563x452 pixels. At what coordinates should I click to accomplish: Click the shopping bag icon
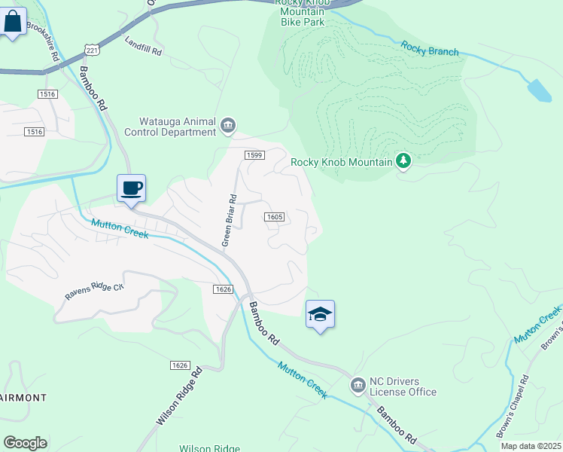click(13, 23)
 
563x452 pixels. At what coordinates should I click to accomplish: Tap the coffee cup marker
click(131, 188)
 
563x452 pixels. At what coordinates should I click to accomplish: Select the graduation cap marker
click(320, 315)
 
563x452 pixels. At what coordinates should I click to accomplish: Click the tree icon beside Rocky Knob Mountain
click(403, 160)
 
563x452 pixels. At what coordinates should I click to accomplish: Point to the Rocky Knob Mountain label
click(342, 162)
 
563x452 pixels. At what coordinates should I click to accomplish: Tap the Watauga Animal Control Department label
click(178, 127)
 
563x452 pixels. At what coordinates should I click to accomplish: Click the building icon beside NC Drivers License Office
click(358, 386)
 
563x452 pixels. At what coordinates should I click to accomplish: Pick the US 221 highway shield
click(91, 50)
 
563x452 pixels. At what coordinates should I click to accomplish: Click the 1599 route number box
click(254, 154)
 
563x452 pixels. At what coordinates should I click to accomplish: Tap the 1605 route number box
click(274, 217)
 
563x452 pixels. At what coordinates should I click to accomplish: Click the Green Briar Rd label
click(229, 221)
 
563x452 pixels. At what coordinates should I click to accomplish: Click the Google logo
click(25, 442)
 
